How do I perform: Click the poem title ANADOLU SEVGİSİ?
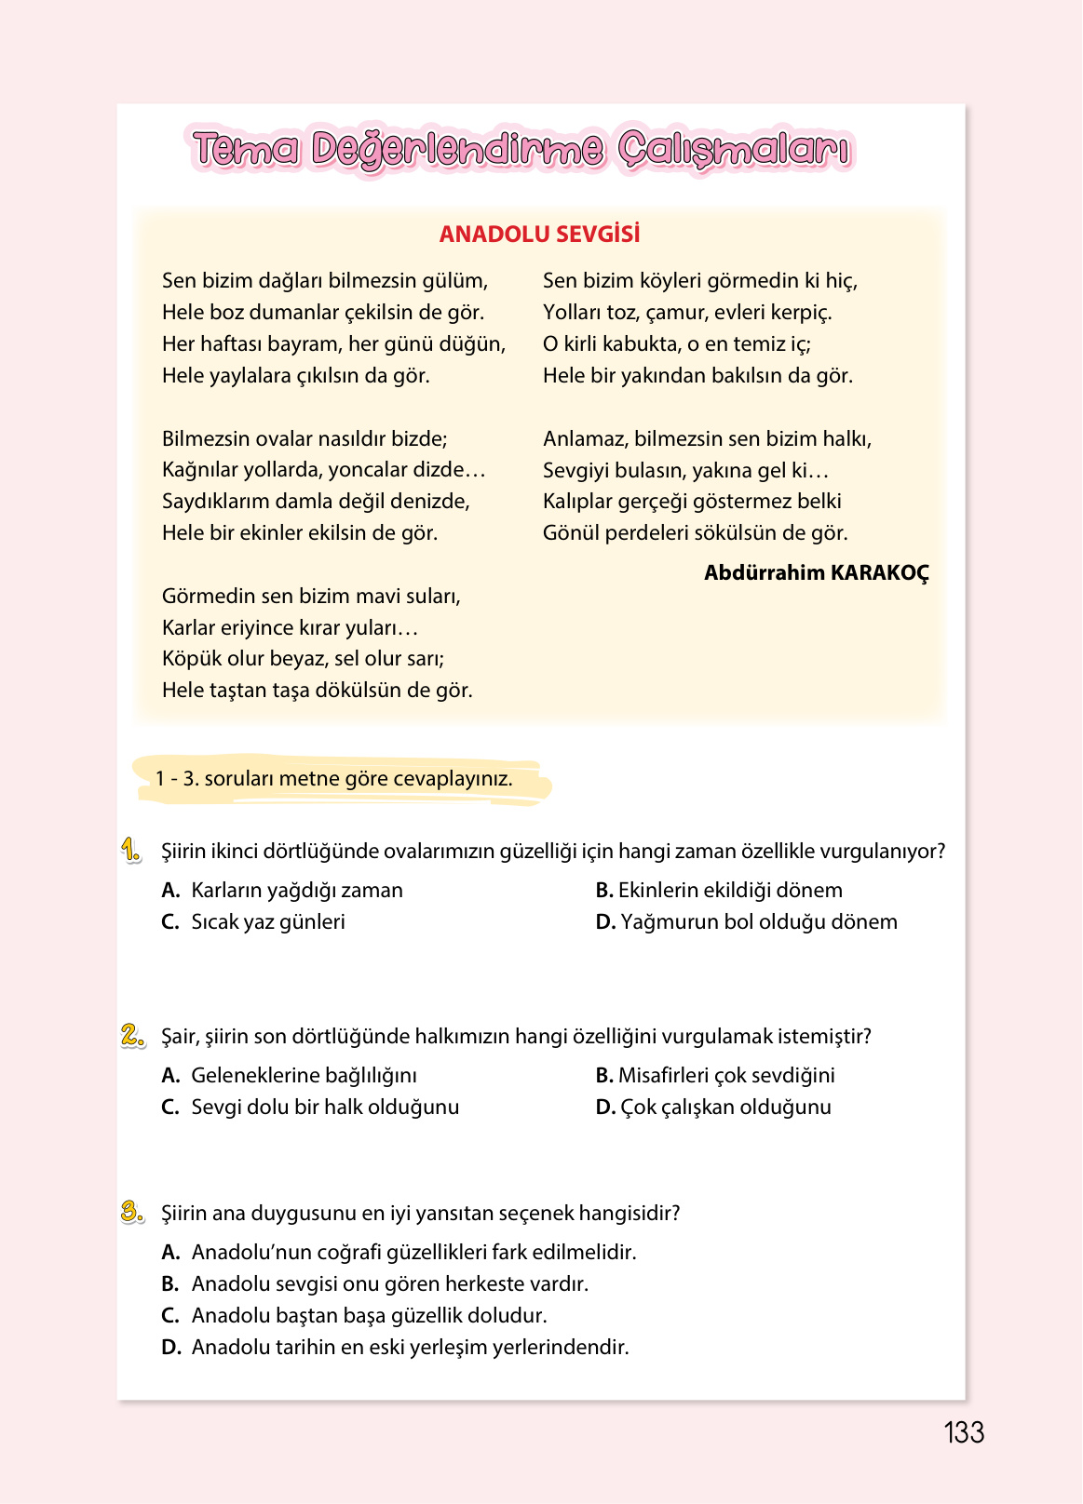click(539, 234)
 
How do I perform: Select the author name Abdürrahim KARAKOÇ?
click(816, 572)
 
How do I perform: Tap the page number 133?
click(963, 1432)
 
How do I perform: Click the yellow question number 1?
click(131, 850)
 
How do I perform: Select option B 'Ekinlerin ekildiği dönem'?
click(719, 890)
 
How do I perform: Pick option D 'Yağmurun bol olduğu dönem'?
click(747, 921)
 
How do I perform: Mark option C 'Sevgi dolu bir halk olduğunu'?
click(310, 1107)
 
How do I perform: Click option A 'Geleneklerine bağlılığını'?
click(289, 1075)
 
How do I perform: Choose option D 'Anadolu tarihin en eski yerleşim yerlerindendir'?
click(395, 1347)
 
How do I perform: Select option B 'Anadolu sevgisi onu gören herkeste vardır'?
click(374, 1283)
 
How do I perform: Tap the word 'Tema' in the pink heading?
click(247, 150)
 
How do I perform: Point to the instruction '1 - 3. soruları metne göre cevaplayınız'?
click(333, 778)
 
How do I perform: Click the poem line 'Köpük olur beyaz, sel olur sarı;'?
click(303, 658)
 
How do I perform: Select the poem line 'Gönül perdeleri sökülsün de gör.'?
click(695, 532)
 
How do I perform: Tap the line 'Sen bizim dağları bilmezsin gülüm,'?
click(324, 280)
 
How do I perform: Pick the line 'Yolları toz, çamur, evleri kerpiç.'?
click(687, 312)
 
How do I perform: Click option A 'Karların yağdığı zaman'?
click(282, 890)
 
